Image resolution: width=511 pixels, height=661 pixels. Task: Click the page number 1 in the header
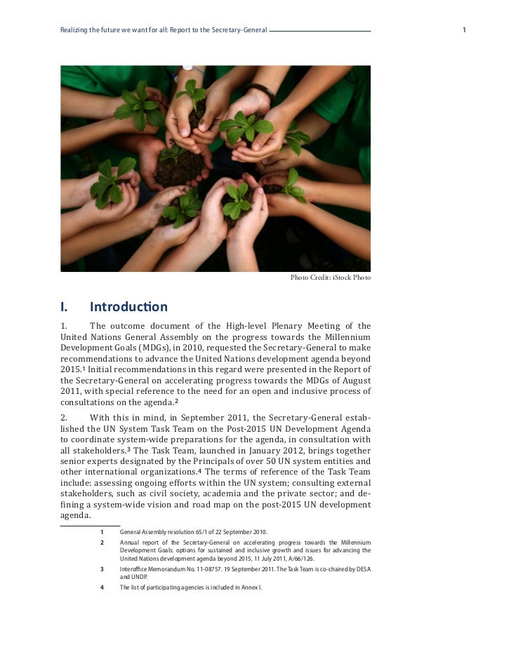[465, 30]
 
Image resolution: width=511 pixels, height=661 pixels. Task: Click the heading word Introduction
[128, 306]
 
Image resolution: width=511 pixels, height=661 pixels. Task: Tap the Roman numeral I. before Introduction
[64, 306]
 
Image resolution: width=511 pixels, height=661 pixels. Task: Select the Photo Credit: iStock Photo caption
[331, 278]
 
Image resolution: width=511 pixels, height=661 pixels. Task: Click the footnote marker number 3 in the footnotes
[102, 568]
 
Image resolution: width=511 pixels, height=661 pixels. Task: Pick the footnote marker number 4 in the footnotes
[102, 587]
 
